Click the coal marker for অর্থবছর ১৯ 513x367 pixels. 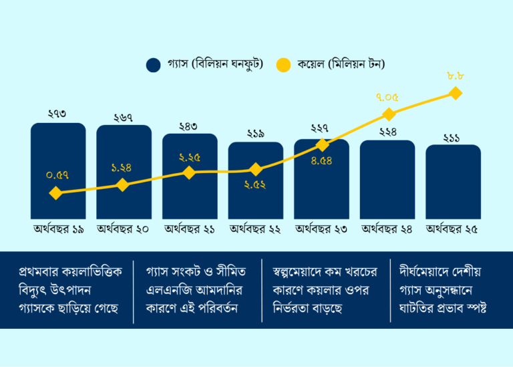tap(56, 193)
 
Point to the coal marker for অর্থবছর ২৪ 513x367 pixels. tap(389, 114)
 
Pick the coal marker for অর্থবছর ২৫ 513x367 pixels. tap(456, 94)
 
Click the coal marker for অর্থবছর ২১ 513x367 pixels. tap(190, 172)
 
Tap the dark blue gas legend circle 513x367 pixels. tap(154, 65)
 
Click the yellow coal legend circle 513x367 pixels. tap(284, 65)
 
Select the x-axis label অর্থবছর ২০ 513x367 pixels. tap(123, 229)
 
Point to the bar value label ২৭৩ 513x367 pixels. tap(58, 115)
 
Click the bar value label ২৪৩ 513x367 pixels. tap(190, 126)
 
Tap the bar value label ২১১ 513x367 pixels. tap(453, 137)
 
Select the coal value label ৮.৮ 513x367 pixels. tap(456, 77)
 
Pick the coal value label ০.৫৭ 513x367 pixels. tap(58, 175)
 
